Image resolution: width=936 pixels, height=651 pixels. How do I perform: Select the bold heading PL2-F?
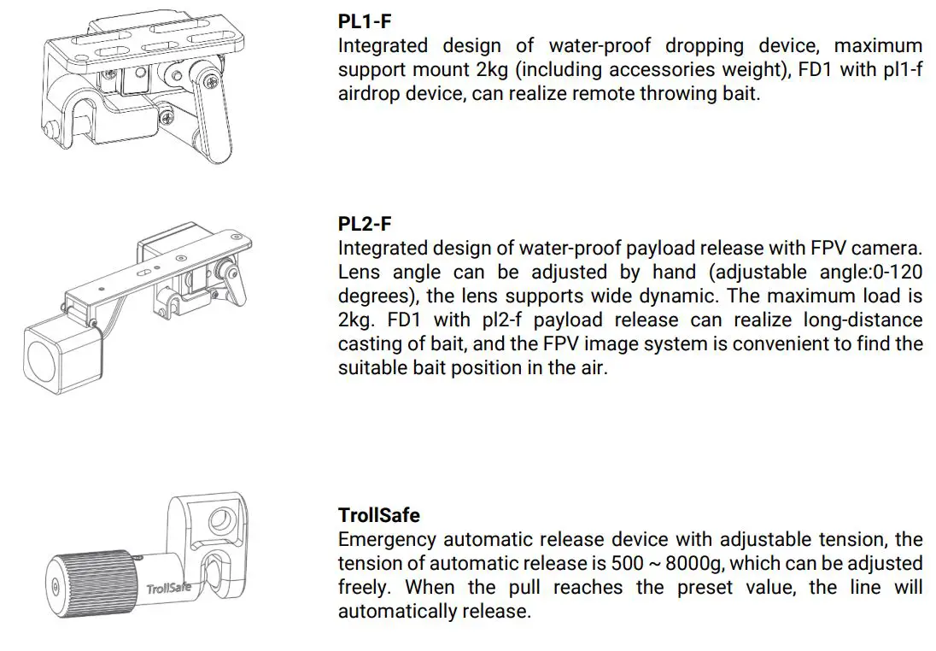(x=365, y=224)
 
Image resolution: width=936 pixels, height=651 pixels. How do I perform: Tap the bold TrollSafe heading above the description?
(x=379, y=515)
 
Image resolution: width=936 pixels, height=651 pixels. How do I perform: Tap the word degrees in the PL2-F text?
(x=372, y=296)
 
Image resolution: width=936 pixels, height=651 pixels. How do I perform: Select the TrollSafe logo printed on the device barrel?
(x=168, y=589)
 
